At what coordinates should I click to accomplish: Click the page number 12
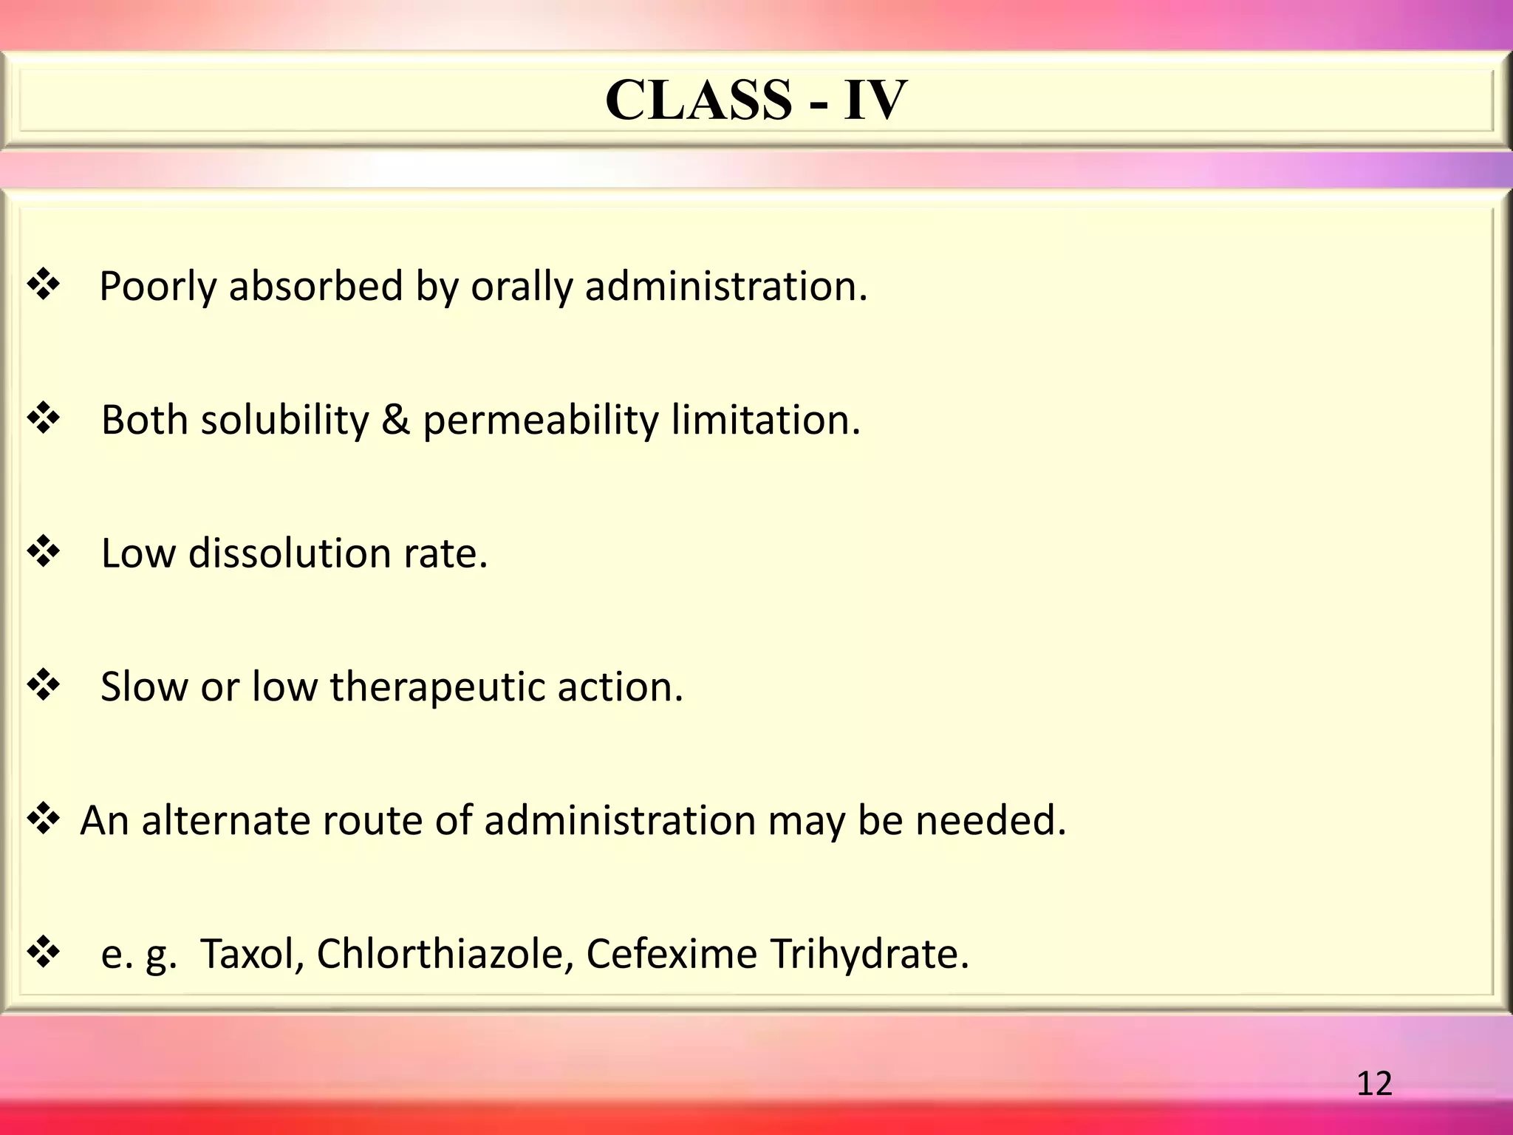click(x=1374, y=1083)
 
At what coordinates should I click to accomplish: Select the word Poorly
click(x=157, y=287)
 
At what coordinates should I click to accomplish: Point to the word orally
click(x=522, y=287)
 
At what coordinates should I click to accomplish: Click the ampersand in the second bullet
click(x=395, y=420)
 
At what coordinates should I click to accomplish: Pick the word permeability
click(x=540, y=421)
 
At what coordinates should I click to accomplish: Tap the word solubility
click(x=284, y=421)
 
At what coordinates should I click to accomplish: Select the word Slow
click(x=144, y=686)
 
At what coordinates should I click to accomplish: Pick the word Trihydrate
click(x=869, y=954)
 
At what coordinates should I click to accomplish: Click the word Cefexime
click(x=672, y=954)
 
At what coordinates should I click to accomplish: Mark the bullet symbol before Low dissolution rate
click(x=44, y=552)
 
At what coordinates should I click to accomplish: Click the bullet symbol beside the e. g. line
click(x=44, y=952)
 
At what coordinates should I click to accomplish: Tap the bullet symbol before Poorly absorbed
click(x=44, y=285)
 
